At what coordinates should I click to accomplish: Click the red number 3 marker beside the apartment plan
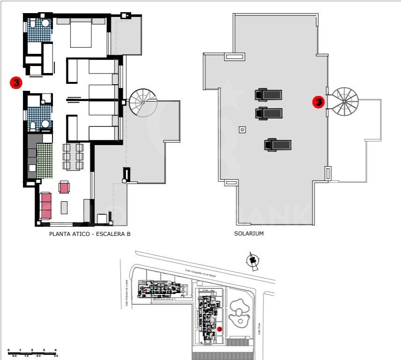click(x=16, y=83)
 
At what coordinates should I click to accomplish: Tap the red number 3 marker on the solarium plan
click(x=319, y=102)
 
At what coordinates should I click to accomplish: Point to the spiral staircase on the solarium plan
click(x=344, y=101)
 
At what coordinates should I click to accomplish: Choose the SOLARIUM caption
click(x=249, y=233)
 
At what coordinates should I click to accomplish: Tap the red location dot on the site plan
click(x=219, y=330)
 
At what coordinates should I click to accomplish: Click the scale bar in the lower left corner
click(x=33, y=352)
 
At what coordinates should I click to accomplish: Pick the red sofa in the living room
click(x=46, y=206)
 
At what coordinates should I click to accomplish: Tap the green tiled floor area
click(x=45, y=161)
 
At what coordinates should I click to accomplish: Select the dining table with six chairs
click(x=73, y=157)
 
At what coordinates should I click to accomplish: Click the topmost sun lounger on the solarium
click(x=269, y=95)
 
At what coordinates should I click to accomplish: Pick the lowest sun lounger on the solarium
click(x=278, y=145)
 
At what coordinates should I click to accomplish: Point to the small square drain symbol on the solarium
click(x=242, y=130)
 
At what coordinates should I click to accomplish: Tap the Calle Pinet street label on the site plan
click(x=258, y=329)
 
